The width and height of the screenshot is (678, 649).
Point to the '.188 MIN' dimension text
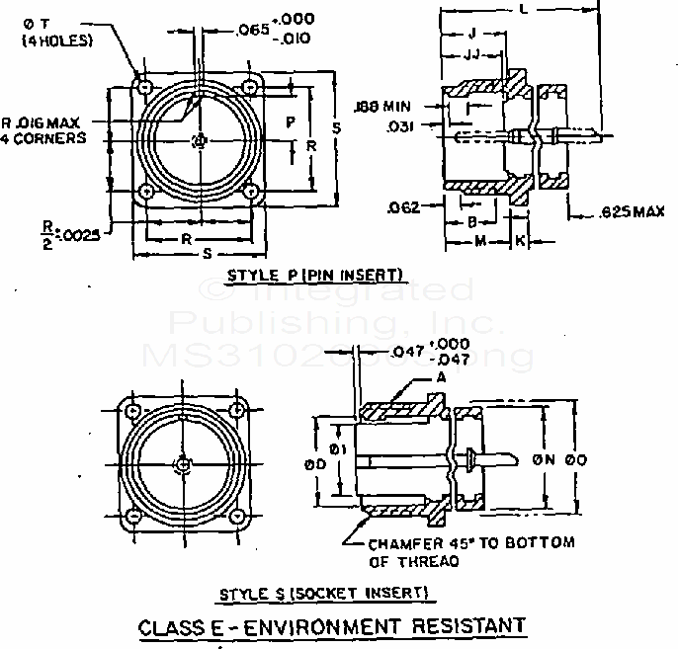[x=386, y=105]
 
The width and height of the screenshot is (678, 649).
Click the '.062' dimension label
[x=403, y=206]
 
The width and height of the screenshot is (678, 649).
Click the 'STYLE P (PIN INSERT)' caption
[x=315, y=274]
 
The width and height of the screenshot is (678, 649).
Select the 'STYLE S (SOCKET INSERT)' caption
[x=323, y=593]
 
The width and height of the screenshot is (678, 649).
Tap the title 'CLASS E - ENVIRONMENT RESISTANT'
[x=331, y=626]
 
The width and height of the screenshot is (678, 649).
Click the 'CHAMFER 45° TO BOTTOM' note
[x=470, y=543]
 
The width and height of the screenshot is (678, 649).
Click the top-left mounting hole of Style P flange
[x=147, y=89]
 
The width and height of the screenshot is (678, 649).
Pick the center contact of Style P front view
[x=200, y=140]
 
